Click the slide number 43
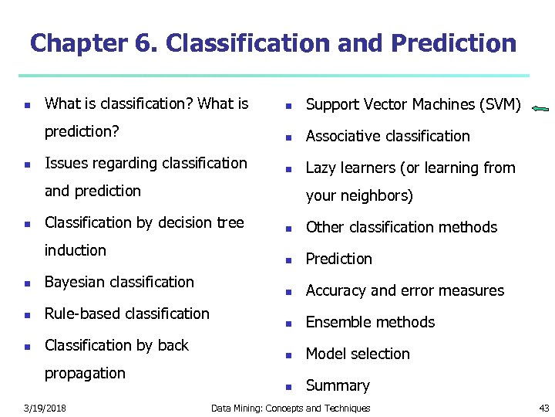click(x=544, y=408)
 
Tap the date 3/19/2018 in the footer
click(x=44, y=408)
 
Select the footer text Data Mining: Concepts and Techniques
click(x=291, y=408)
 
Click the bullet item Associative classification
click(x=387, y=136)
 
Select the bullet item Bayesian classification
click(x=119, y=282)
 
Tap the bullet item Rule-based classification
click(x=127, y=314)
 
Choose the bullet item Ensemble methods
click(x=370, y=322)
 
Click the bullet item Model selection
click(x=358, y=354)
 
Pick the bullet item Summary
click(x=338, y=385)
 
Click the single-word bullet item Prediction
click(x=338, y=259)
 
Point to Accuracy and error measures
click(x=405, y=290)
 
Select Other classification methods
click(x=402, y=227)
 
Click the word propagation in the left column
click(x=85, y=373)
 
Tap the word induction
click(x=76, y=250)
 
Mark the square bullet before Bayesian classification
click(x=26, y=283)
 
